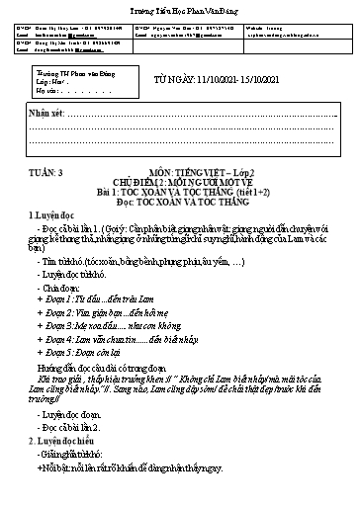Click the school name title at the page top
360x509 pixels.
[179, 9]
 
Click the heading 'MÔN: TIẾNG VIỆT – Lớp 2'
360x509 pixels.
[212, 171]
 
